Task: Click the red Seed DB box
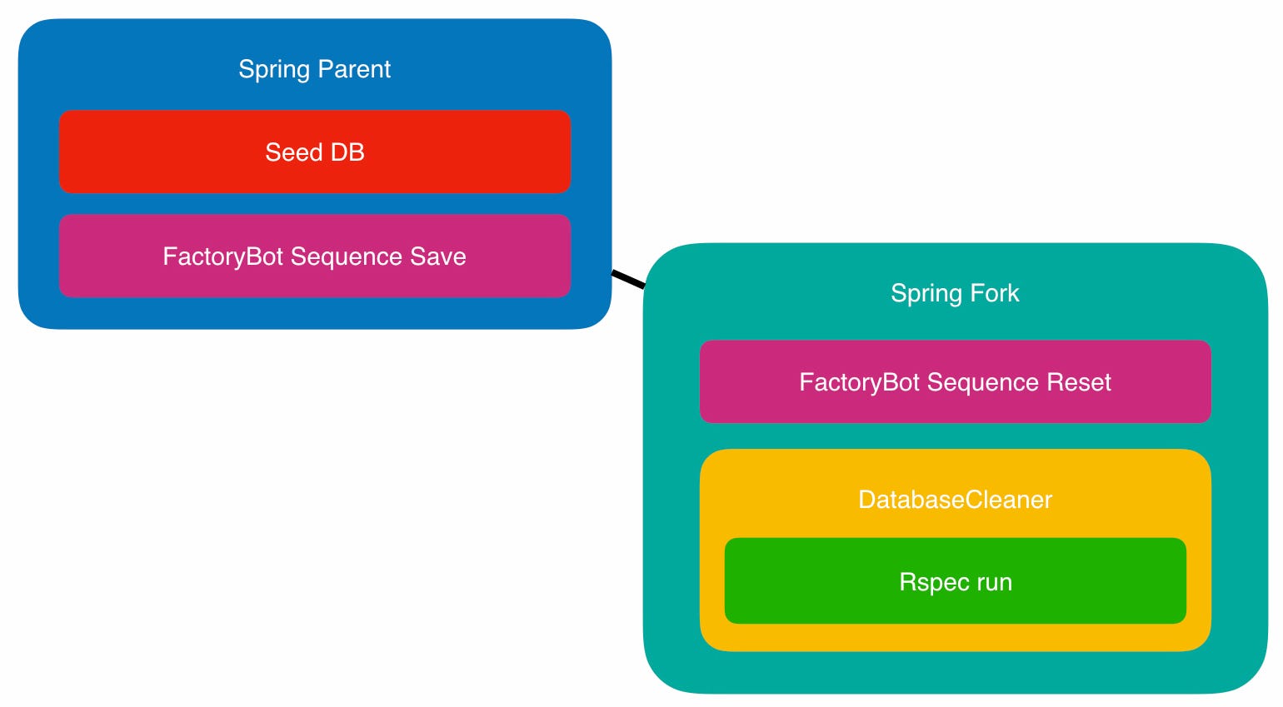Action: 315,152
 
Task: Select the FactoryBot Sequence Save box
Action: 315,256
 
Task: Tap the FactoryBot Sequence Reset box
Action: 956,382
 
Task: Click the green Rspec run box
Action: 956,581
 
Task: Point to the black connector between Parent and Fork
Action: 628,279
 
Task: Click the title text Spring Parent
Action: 314,70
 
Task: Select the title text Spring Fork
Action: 955,294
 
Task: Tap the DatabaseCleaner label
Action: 956,500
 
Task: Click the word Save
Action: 437,256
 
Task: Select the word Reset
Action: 1079,382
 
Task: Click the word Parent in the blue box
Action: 354,69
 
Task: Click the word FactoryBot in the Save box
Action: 222,257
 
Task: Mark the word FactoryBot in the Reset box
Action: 860,383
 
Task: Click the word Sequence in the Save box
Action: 347,257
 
